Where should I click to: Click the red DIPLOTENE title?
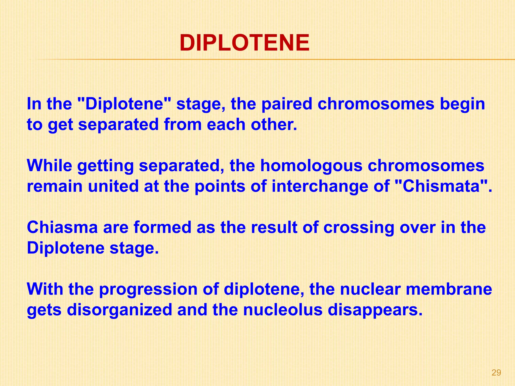tap(244, 43)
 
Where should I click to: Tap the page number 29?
tap(496, 373)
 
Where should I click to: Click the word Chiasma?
tap(62, 227)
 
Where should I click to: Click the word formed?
tap(162, 227)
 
